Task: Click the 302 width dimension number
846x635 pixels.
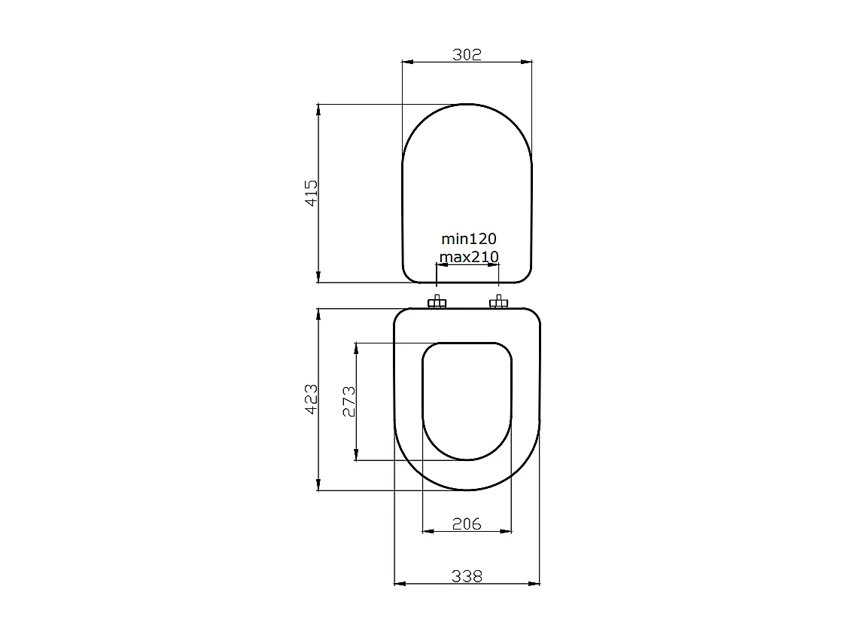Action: pyautogui.click(x=467, y=54)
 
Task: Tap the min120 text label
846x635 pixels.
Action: pyautogui.click(x=468, y=239)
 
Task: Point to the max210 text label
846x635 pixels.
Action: pyautogui.click(x=469, y=257)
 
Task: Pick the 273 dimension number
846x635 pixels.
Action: pyautogui.click(x=348, y=401)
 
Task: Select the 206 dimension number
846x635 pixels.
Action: pyautogui.click(x=467, y=524)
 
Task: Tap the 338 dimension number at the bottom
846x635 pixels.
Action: pyautogui.click(x=467, y=576)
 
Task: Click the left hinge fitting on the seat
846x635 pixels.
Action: pyautogui.click(x=437, y=303)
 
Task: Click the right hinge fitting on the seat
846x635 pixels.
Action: pyautogui.click(x=498, y=303)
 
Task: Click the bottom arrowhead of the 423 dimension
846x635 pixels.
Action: pyautogui.click(x=319, y=486)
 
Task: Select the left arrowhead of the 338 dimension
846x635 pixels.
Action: pyautogui.click(x=400, y=583)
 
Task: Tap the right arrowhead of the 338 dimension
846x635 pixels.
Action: pyautogui.click(x=535, y=583)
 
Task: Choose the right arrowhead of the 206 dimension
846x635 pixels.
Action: pyautogui.click(x=507, y=531)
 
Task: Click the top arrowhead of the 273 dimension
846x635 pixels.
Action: pyautogui.click(x=356, y=348)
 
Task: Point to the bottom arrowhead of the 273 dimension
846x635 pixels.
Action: pyautogui.click(x=356, y=455)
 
